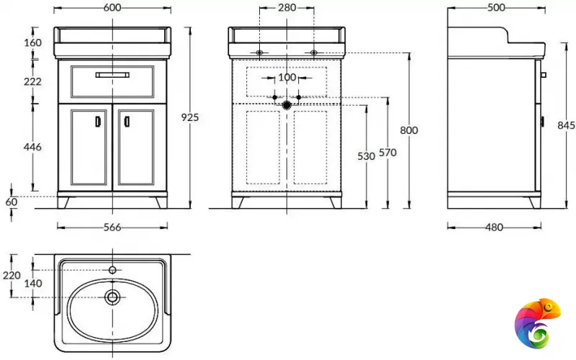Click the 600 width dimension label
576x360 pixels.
point(112,7)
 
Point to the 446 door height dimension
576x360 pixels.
point(32,147)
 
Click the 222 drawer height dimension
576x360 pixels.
point(32,81)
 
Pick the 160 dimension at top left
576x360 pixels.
point(32,42)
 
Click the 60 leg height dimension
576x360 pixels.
point(11,202)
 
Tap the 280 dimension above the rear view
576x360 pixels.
point(287,7)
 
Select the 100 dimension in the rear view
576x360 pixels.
point(287,77)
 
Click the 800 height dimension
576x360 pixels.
point(408,130)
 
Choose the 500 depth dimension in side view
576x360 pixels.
point(496,7)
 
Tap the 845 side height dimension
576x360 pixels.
point(566,125)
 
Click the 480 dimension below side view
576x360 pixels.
point(493,228)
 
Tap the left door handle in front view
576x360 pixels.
point(98,122)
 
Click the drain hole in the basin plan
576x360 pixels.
point(112,297)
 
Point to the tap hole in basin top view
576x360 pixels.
point(112,270)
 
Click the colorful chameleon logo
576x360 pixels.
point(539,323)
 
